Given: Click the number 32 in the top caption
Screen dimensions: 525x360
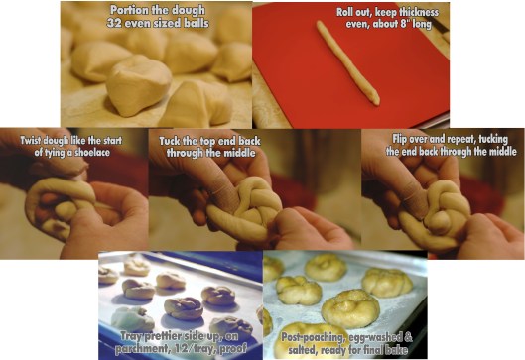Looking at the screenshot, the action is [113, 23].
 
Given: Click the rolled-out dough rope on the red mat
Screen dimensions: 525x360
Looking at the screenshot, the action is [348, 62].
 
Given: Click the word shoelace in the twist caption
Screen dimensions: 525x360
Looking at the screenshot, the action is [92, 152].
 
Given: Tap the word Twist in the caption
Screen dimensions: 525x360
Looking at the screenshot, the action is [31, 140].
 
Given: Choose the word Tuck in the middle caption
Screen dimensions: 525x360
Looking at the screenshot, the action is [170, 141].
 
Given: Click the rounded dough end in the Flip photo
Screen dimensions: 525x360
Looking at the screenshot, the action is [440, 223].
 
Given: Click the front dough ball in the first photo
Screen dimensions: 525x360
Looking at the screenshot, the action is [139, 85].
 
